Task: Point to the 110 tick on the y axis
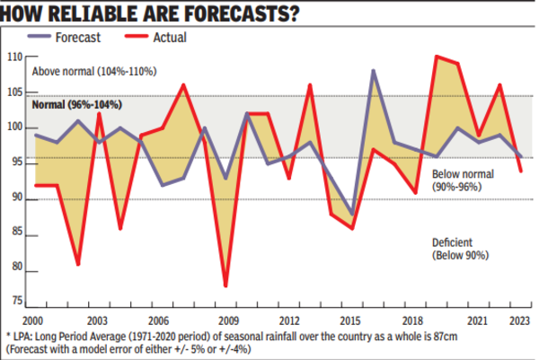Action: click(13, 57)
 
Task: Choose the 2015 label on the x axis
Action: click(351, 320)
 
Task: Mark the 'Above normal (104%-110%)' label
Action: click(94, 72)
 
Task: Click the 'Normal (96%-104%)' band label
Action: click(76, 105)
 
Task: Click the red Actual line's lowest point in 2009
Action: click(225, 285)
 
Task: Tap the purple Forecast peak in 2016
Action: click(373, 70)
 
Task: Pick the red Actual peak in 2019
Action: click(437, 57)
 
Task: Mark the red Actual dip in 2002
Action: click(79, 264)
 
